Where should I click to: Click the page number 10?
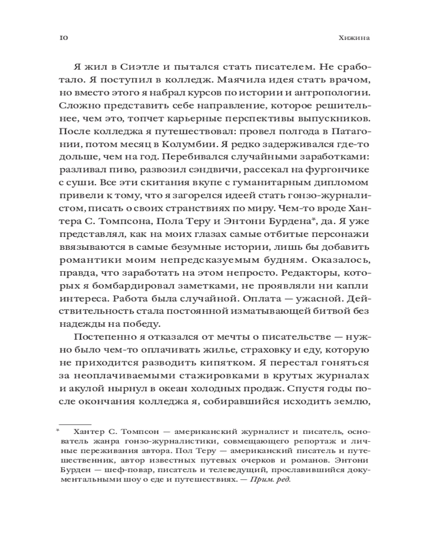(62, 38)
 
